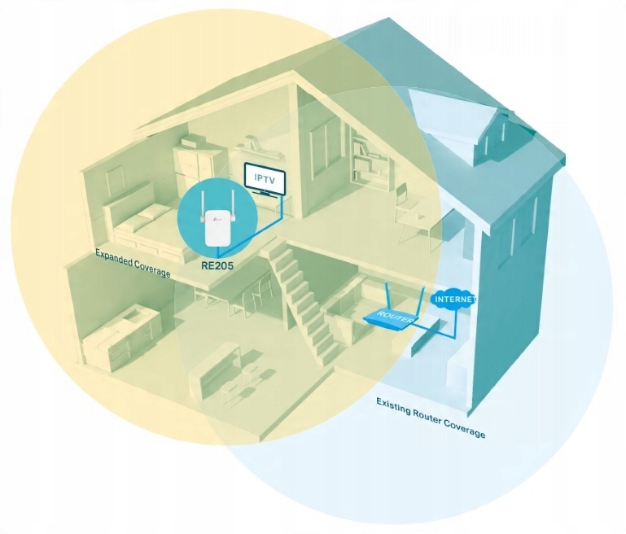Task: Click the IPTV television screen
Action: click(265, 178)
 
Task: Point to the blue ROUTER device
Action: click(387, 318)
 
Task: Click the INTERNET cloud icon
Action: click(453, 299)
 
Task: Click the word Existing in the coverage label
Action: click(394, 405)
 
